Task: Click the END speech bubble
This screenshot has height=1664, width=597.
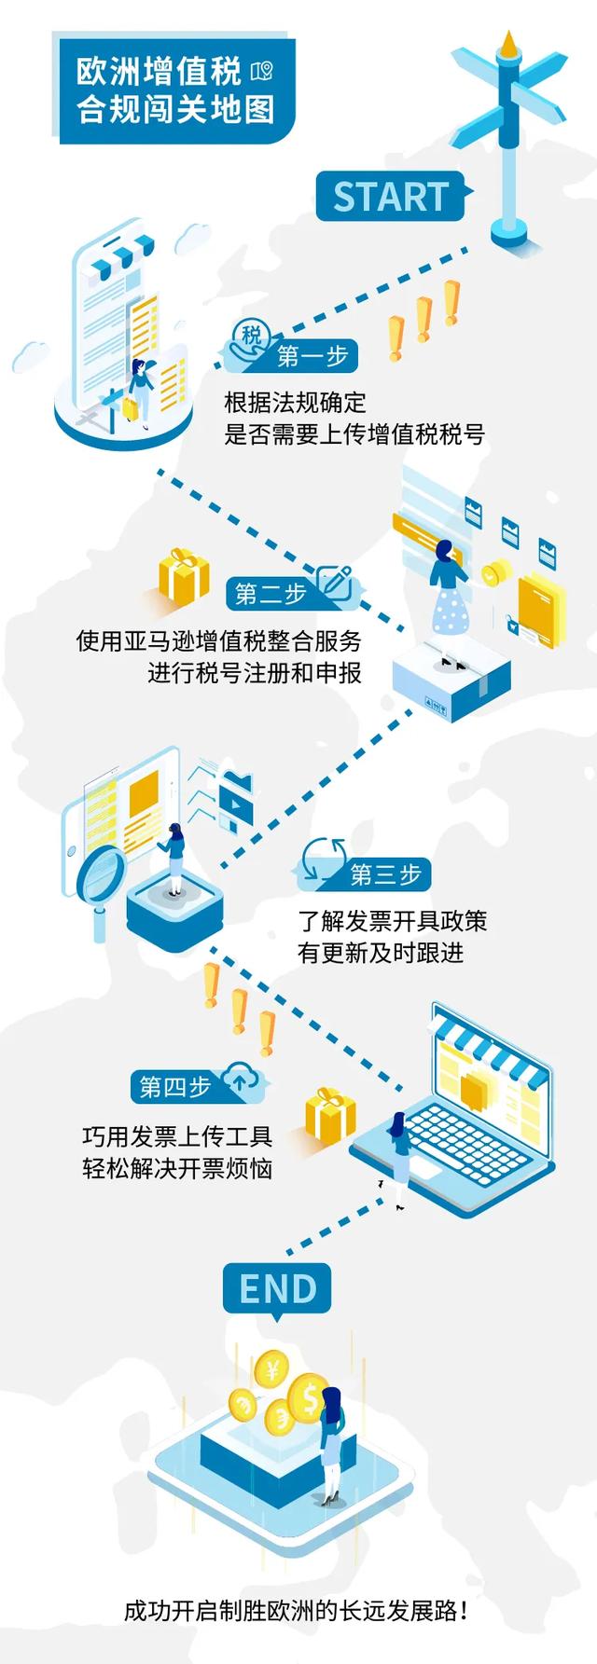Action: pos(277,1290)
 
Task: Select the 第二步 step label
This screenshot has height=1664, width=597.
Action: pos(271,593)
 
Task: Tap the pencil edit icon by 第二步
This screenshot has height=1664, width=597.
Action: pos(334,583)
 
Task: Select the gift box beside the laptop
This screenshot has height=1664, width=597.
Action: pos(330,1113)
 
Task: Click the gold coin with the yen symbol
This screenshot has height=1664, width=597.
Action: pos(274,1370)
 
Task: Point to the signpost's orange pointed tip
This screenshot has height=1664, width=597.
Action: pos(508,42)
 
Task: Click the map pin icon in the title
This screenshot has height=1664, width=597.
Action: pos(262,71)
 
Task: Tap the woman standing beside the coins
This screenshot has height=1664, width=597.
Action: pos(332,1446)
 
